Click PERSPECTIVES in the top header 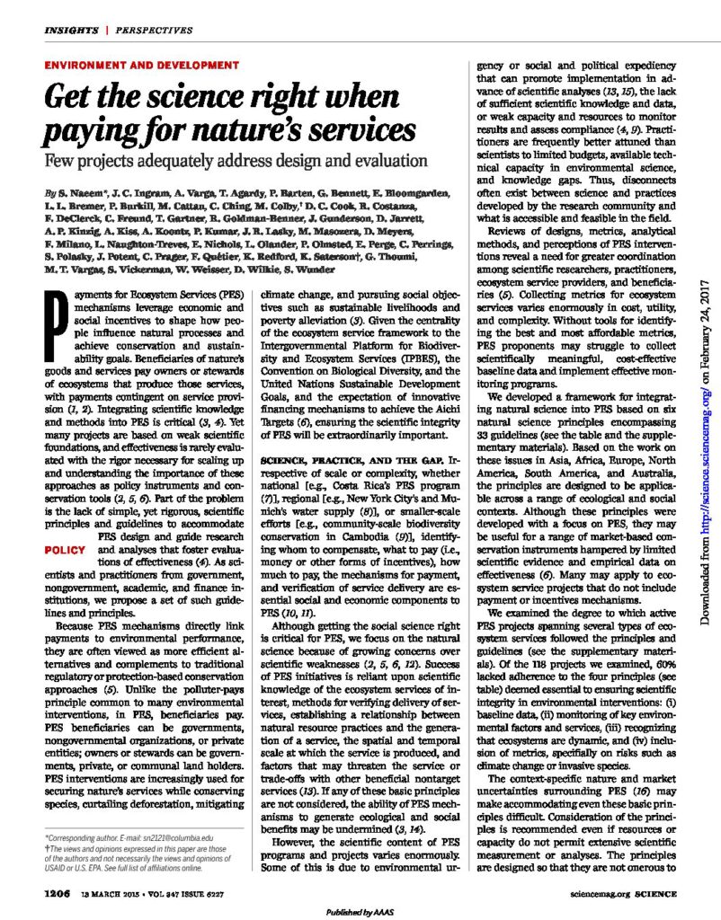coord(147,31)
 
